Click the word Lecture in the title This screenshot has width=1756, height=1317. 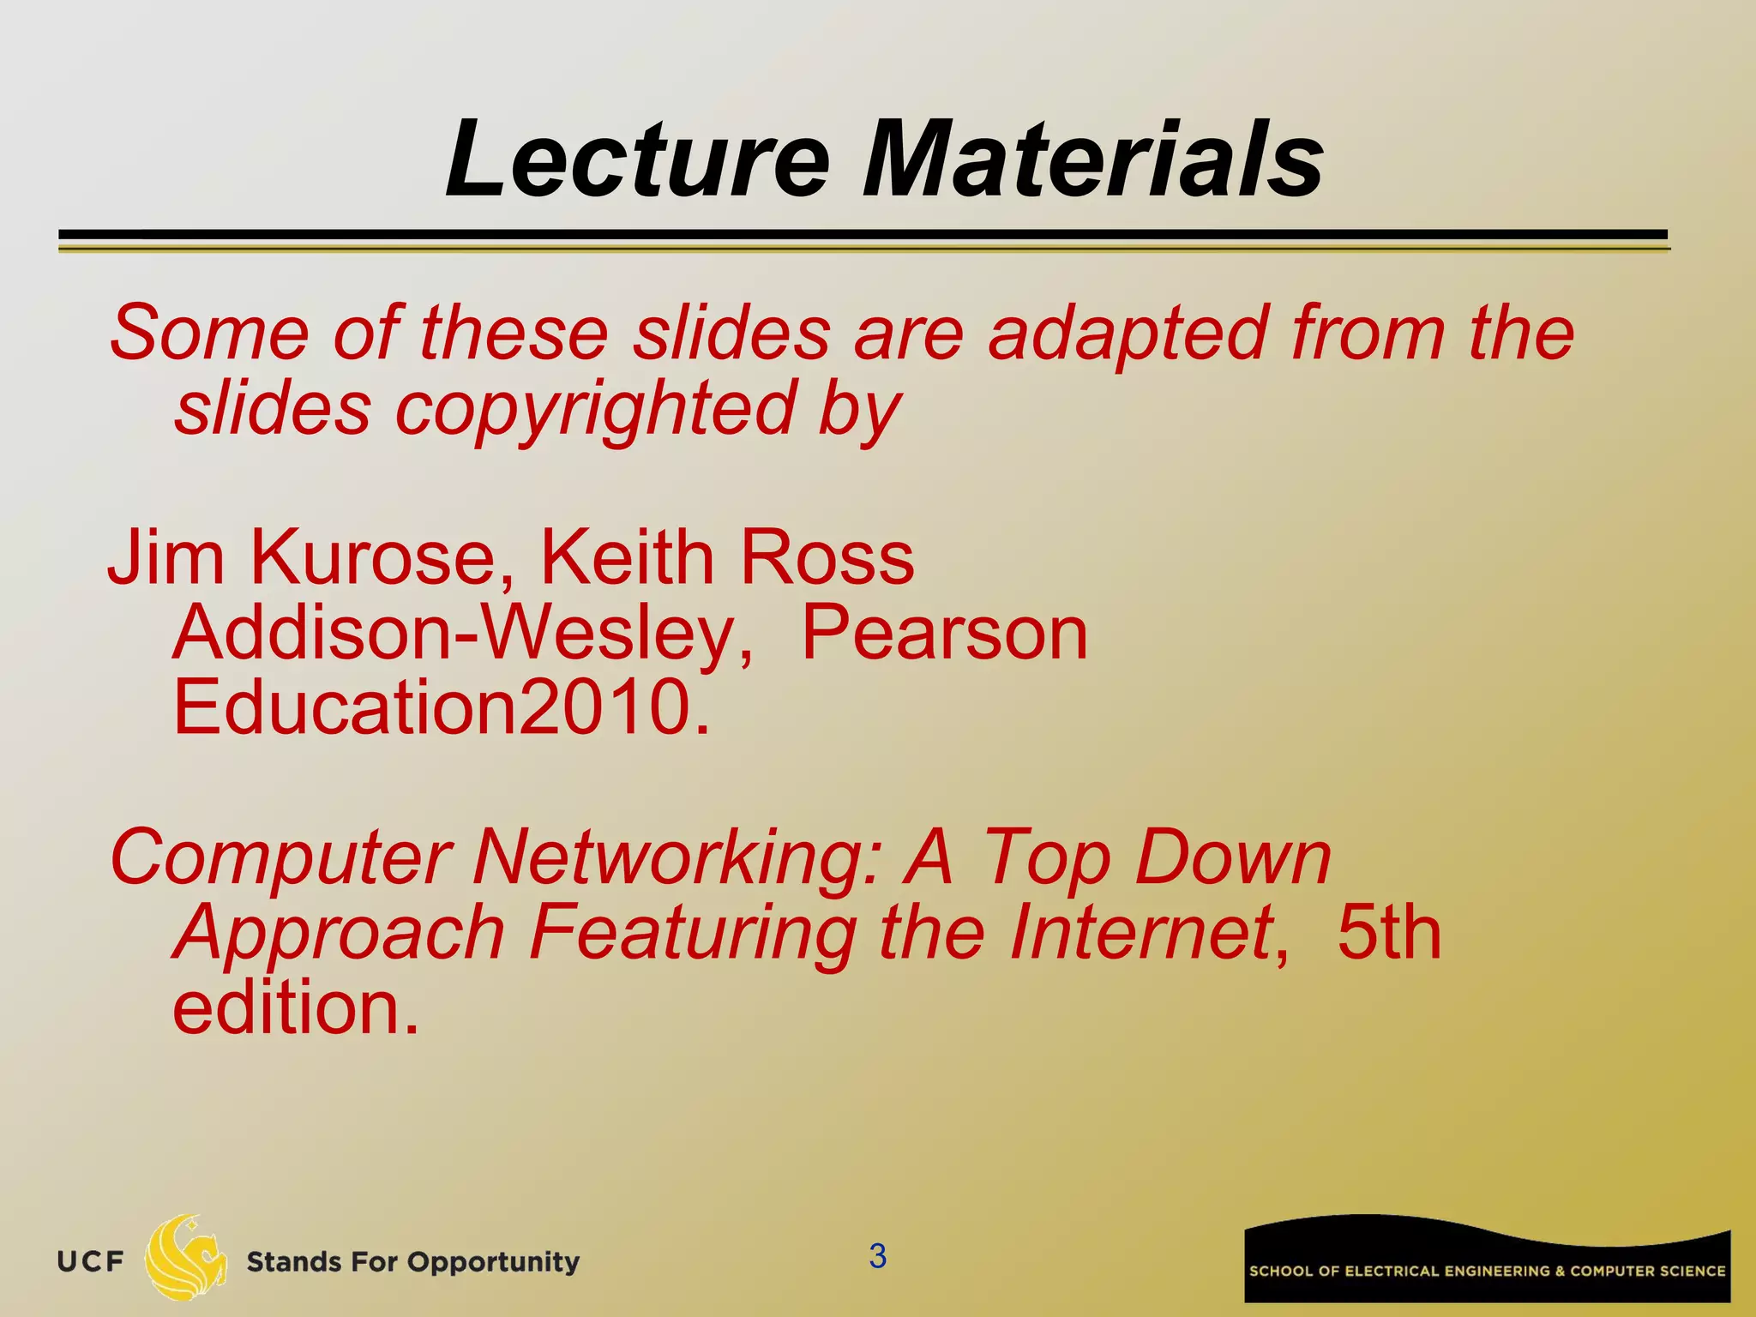638,160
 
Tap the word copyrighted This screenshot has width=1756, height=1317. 594,409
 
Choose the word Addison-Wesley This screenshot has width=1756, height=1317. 463,634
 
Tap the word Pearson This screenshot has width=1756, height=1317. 943,634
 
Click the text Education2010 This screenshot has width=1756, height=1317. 442,708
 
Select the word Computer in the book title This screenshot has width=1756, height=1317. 280,857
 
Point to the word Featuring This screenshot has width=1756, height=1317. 691,933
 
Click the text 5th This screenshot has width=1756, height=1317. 1389,933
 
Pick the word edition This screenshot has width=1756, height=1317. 296,1007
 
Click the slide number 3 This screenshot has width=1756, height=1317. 877,1256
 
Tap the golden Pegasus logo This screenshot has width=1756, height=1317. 185,1257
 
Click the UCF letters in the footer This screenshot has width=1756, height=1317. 90,1262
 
